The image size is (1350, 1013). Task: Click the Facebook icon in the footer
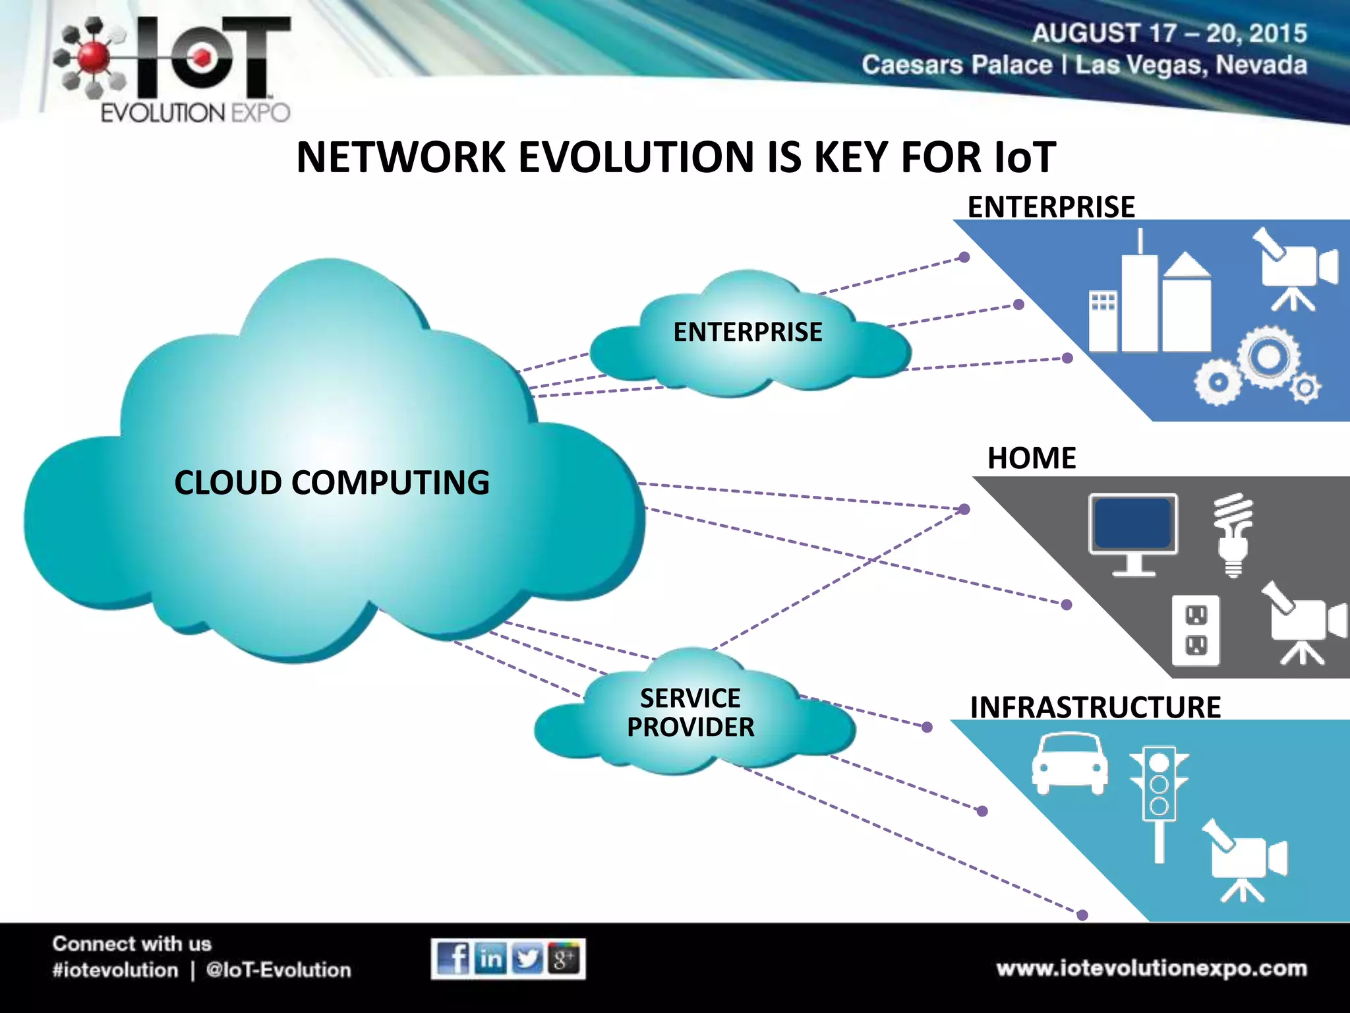tap(452, 958)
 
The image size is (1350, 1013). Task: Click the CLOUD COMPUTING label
tap(332, 483)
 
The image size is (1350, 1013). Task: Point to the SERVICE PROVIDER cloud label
tap(690, 713)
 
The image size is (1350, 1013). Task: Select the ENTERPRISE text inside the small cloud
tap(748, 332)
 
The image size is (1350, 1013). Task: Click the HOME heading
tap(1032, 458)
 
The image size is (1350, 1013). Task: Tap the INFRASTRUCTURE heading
tap(1095, 708)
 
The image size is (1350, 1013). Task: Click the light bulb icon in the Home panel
tap(1233, 534)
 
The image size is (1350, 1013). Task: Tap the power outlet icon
tap(1196, 630)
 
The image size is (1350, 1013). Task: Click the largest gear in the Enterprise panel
tap(1268, 357)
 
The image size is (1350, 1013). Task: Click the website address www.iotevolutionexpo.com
tap(1152, 968)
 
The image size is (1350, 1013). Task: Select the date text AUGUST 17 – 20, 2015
tap(1169, 34)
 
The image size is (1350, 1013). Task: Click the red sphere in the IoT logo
tap(93, 57)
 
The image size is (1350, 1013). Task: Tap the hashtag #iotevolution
tap(115, 970)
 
